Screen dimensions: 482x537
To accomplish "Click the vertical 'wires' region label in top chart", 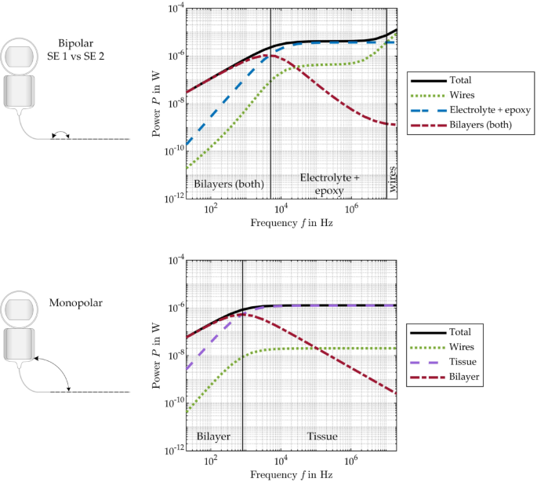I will (x=392, y=179).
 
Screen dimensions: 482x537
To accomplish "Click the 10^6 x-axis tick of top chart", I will (x=351, y=209).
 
